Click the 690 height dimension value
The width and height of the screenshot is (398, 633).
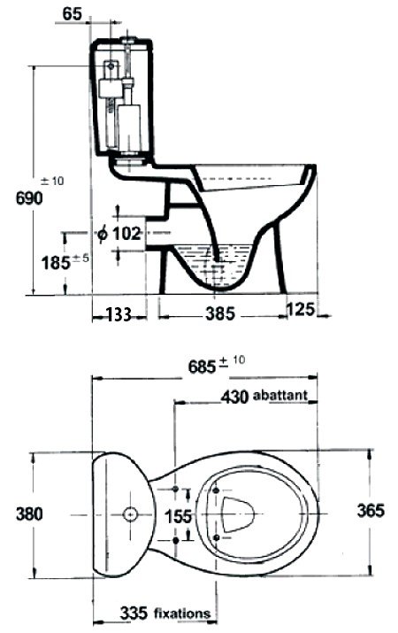tap(29, 198)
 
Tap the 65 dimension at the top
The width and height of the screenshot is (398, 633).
tap(73, 14)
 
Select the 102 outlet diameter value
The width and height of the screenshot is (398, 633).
tap(126, 234)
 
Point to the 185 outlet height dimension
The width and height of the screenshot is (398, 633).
tap(56, 263)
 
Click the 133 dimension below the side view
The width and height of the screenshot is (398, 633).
tap(119, 314)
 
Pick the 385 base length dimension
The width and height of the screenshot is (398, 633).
tap(219, 313)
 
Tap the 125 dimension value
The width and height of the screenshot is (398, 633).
tap(300, 309)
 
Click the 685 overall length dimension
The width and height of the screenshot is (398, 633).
tap(203, 367)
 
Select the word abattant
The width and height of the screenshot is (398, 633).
tap(280, 395)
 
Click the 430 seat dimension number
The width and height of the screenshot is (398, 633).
tap(234, 397)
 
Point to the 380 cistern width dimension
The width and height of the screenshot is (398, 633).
tap(29, 514)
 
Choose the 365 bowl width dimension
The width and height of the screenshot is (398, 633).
tap(371, 511)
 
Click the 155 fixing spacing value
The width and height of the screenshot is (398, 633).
tap(179, 516)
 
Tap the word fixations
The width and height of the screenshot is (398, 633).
tap(182, 614)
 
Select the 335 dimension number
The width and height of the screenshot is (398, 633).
tap(134, 614)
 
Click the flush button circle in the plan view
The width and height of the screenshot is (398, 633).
tap(130, 513)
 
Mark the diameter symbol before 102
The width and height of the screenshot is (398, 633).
tap(103, 234)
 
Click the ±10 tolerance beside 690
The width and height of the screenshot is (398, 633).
tap(52, 181)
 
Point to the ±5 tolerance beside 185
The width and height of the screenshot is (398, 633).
tap(80, 258)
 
